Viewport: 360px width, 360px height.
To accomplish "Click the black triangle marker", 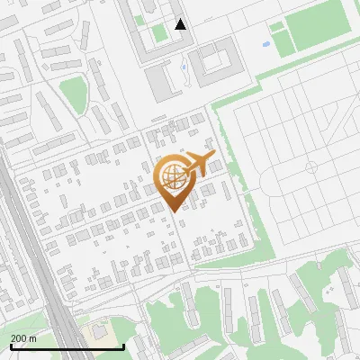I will [181, 24].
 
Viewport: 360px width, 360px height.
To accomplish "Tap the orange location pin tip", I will [172, 208].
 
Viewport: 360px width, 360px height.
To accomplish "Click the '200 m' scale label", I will [23, 337].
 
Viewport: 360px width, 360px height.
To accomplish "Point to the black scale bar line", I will [67, 346].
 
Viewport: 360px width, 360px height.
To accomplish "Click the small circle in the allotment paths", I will [311, 166].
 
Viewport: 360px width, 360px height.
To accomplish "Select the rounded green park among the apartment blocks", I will [73, 91].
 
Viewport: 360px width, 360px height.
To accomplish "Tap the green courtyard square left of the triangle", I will [159, 33].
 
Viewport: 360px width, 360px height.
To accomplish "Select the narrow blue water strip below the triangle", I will [184, 65].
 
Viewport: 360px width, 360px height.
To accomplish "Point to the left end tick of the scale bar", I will [10, 346].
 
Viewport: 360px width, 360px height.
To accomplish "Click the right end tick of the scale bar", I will [123, 346].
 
